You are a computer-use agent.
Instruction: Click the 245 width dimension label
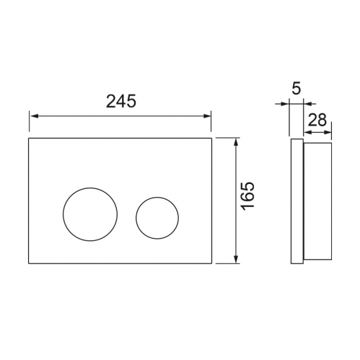(x=121, y=101)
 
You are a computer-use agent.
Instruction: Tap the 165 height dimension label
(x=248, y=196)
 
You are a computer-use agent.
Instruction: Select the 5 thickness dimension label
(x=297, y=89)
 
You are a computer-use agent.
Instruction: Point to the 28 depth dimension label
(x=317, y=120)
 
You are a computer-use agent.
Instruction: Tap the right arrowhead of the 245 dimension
(x=207, y=116)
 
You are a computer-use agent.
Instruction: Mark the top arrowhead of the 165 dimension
(x=236, y=142)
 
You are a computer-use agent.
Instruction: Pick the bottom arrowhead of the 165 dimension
(x=236, y=259)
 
